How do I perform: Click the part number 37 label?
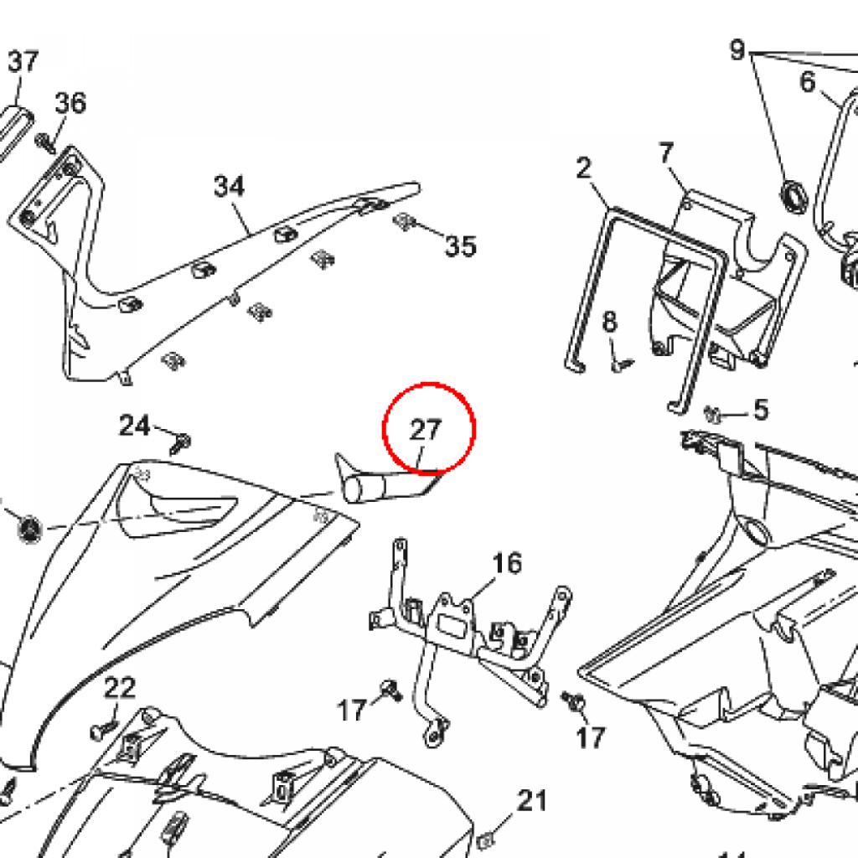coord(23,61)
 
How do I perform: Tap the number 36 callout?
coord(70,103)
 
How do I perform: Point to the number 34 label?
coord(229,186)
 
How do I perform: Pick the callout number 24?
coord(134,426)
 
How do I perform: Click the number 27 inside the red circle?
coord(425,430)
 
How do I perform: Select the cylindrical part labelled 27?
coord(373,486)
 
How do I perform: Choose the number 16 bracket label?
coord(507,563)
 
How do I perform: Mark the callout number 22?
coord(120,688)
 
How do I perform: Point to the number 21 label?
coord(531,800)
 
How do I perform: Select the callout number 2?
coord(583,168)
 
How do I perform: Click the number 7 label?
coord(666,153)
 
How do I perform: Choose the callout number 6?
coord(808,81)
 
